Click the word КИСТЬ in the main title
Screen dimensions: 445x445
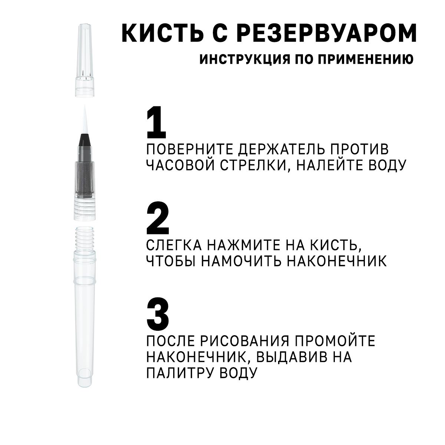click(163, 33)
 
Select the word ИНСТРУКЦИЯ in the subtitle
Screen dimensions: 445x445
click(244, 59)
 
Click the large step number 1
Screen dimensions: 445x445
click(156, 122)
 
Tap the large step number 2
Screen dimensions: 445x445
click(158, 218)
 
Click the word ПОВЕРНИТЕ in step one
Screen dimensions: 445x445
click(190, 149)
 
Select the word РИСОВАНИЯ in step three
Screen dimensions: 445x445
click(245, 341)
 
